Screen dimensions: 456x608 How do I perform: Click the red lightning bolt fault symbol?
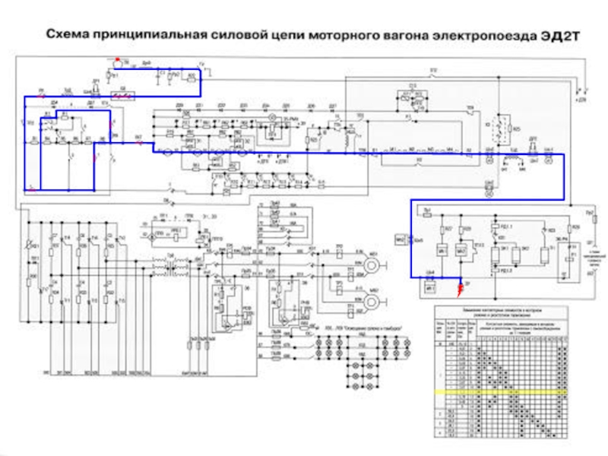click(459, 287)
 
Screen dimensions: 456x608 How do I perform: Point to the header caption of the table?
click(502, 311)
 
